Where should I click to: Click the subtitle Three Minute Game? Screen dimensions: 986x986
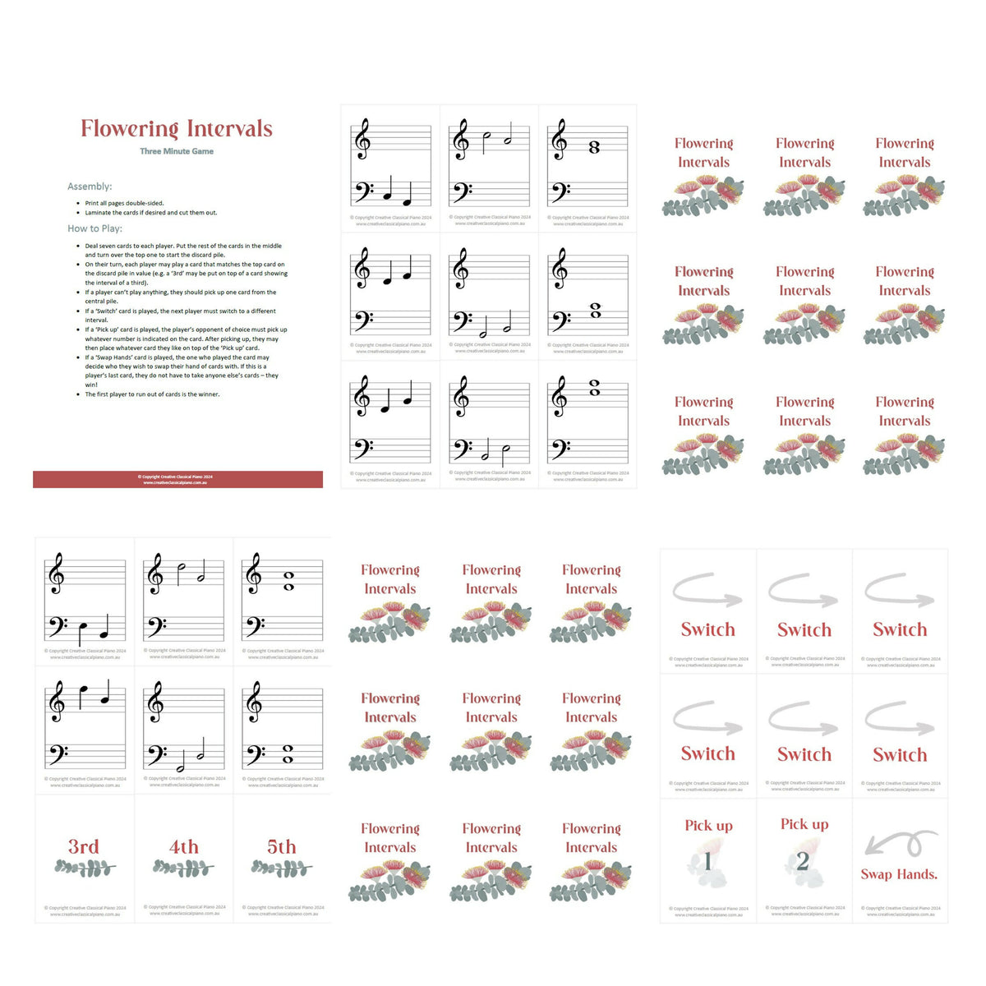click(177, 151)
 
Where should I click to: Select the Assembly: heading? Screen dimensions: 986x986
click(90, 187)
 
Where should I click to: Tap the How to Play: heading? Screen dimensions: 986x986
click(94, 228)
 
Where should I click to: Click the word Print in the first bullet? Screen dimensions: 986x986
click(91, 203)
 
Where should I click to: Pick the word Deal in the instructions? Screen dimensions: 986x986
click(91, 246)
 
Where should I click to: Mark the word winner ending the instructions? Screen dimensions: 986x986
click(210, 394)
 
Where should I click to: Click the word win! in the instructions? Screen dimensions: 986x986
click(91, 385)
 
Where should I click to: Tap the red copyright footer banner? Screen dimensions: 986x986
click(177, 479)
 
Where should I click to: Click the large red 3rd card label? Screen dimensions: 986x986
click(84, 846)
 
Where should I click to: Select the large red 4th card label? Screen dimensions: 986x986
click(183, 846)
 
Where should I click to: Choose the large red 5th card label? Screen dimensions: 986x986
click(282, 846)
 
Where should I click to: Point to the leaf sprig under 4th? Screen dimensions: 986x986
click(183, 868)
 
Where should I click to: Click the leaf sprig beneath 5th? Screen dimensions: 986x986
click(282, 868)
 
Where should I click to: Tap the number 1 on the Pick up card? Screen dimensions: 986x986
click(707, 861)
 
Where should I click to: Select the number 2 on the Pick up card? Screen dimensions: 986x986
click(803, 861)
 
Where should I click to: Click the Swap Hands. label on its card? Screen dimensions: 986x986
click(899, 874)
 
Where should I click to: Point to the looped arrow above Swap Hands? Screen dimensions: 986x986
click(899, 845)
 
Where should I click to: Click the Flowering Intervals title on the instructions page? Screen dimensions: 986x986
click(177, 128)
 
